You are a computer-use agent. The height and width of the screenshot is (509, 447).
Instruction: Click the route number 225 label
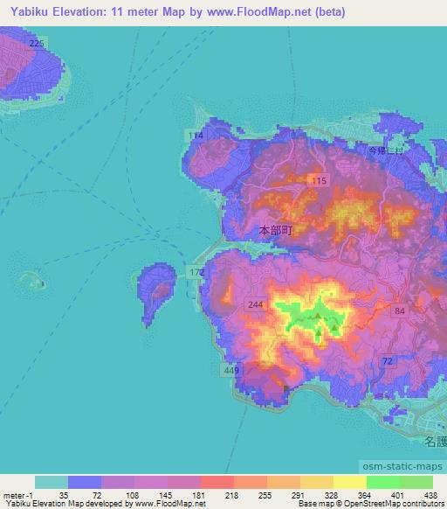35,42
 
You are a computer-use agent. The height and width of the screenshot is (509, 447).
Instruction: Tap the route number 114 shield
196,136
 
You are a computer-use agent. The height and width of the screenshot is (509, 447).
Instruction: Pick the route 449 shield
231,372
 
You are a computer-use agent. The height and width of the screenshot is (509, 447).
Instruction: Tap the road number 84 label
400,311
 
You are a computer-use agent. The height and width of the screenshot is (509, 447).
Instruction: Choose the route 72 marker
385,360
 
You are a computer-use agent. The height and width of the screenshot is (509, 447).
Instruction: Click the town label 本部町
275,232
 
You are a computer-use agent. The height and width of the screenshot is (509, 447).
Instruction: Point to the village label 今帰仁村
384,150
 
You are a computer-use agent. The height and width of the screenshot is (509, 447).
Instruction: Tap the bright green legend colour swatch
382,482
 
